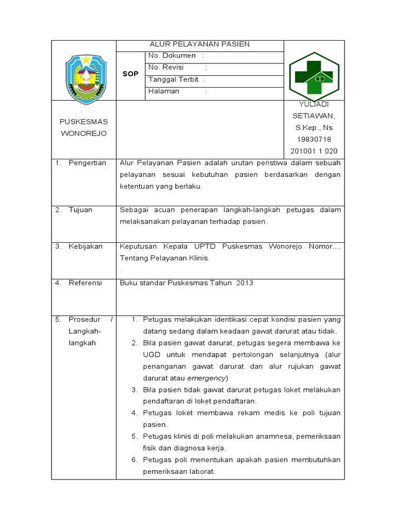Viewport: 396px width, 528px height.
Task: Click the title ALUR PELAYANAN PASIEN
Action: click(200, 44)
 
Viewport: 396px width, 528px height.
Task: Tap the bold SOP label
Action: click(130, 74)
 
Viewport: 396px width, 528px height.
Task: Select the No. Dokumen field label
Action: click(172, 56)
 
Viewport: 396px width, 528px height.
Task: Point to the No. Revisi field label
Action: click(162, 68)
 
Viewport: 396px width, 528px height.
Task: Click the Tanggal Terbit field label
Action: click(174, 79)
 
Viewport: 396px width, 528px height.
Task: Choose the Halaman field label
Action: click(164, 91)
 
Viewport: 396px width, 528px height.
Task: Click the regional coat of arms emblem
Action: click(86, 78)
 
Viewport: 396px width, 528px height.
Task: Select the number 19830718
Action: click(314, 140)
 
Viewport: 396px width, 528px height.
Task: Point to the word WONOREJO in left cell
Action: click(84, 134)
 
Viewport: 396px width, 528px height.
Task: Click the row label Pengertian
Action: click(87, 163)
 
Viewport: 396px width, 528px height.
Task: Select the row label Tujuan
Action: click(80, 210)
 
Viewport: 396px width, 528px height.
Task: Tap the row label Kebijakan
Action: click(86, 246)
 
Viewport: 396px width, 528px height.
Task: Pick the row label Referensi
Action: click(85, 283)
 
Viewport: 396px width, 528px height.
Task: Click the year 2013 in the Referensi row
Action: click(244, 283)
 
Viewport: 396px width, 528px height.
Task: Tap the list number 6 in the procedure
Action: click(134, 460)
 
